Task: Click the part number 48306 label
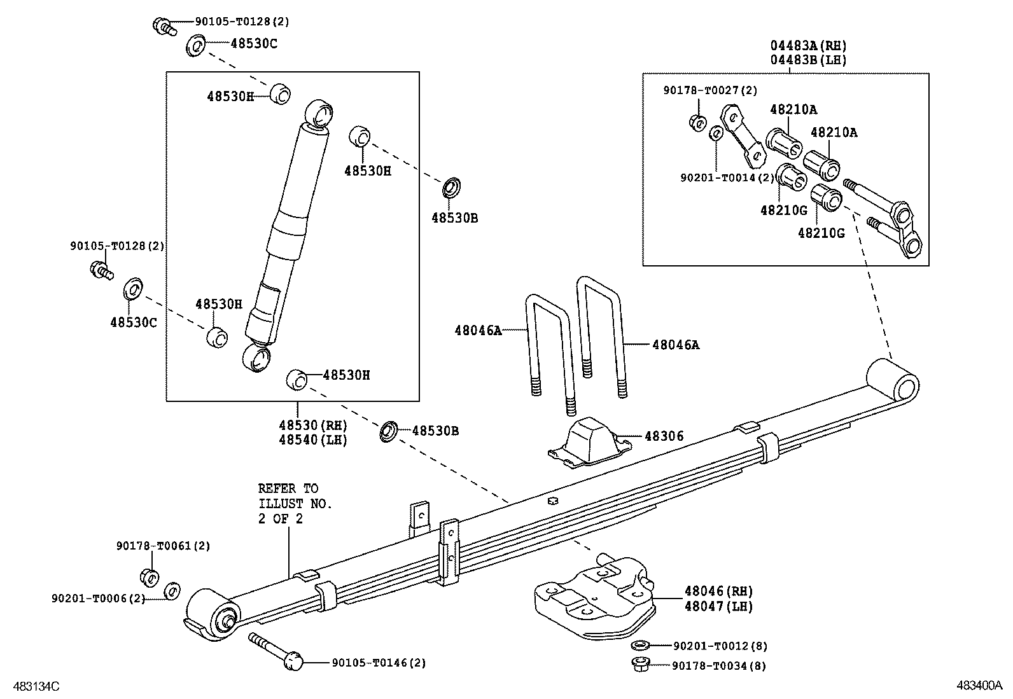(x=664, y=436)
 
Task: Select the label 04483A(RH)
(x=809, y=46)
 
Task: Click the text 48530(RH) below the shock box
(x=313, y=426)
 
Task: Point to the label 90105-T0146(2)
(x=379, y=663)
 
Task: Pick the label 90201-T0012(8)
(x=720, y=646)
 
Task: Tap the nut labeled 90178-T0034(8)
(x=640, y=664)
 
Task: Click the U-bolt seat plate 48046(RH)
(x=595, y=597)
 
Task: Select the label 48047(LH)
(x=718, y=606)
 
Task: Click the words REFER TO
(x=288, y=488)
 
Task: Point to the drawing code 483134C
(x=36, y=686)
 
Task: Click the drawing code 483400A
(x=979, y=686)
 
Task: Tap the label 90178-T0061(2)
(x=164, y=546)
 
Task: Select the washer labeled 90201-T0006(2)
(x=172, y=591)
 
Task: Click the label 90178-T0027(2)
(x=710, y=90)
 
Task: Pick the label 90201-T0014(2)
(x=727, y=177)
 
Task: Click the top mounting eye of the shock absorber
(x=319, y=114)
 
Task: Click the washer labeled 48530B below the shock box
(x=389, y=431)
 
